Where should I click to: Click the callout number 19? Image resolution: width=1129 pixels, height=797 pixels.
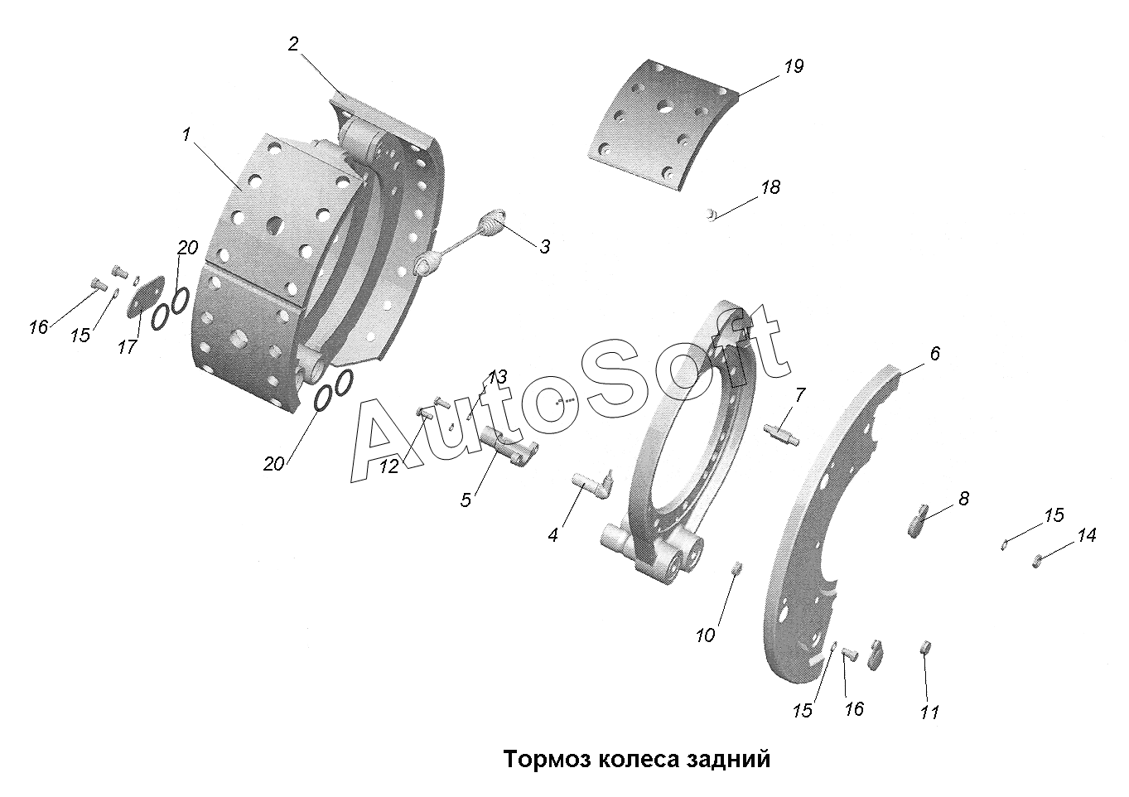point(793,67)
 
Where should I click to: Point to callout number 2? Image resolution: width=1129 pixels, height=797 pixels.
point(293,45)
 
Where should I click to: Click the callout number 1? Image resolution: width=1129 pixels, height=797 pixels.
point(187,135)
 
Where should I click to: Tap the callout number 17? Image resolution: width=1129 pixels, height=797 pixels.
point(127,346)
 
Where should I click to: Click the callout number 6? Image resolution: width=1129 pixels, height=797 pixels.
point(934,355)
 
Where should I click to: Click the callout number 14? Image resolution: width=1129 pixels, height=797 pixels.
point(1086,536)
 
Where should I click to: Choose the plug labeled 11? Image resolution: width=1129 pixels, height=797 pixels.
point(926,646)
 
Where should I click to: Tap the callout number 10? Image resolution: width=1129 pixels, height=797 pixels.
point(705,635)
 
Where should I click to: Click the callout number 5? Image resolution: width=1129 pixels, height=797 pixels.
point(466,500)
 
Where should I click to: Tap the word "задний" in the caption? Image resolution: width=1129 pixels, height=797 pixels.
point(729,759)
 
